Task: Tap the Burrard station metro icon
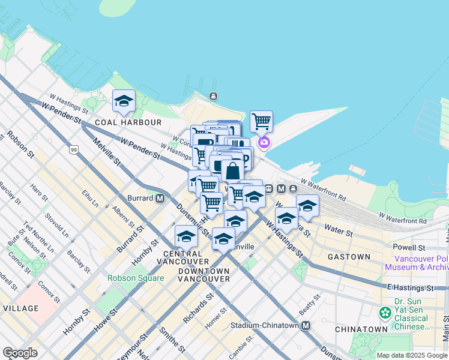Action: pos(160,198)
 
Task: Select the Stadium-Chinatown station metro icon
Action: pos(306,326)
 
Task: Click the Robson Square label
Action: pos(136,278)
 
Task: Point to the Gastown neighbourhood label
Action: pos(349,257)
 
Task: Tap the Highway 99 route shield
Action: pos(73,149)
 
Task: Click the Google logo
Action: pos(20,353)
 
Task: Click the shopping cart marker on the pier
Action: pos(261,122)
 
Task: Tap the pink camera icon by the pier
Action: pos(264,143)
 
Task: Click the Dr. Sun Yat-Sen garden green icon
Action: pos(385,313)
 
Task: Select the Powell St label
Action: pos(409,247)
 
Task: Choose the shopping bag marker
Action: pos(232,170)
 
